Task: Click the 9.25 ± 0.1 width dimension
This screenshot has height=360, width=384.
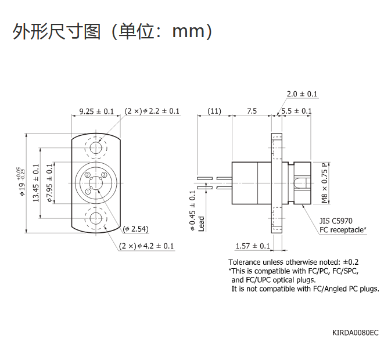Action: pos(96,111)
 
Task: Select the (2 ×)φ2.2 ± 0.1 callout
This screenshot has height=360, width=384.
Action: pos(152,111)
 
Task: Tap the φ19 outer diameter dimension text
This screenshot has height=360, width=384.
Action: pos(21,182)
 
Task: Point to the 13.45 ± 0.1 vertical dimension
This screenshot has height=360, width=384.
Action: pos(36,183)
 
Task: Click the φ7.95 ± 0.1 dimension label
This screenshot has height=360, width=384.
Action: pos(50,183)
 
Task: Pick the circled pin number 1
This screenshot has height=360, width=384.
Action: pos(88,192)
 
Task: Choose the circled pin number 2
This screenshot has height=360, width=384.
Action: pos(88,175)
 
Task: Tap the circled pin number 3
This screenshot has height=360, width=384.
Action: pos(105,175)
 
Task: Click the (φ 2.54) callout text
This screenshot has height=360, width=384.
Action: pos(136,229)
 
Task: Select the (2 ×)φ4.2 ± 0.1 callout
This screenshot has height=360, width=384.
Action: pos(146,246)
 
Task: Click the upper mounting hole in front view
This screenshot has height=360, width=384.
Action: pos(96,148)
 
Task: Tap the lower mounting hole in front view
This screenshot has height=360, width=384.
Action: pos(96,218)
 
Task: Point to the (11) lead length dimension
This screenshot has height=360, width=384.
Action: pos(214,111)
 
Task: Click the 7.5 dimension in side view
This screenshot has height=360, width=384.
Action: pos(252,111)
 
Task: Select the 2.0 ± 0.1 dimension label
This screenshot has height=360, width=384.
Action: pos(302,94)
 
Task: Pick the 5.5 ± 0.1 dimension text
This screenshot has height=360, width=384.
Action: pos(297,111)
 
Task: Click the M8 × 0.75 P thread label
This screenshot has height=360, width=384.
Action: pos(325,183)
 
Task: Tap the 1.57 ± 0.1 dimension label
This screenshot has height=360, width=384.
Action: pos(253,246)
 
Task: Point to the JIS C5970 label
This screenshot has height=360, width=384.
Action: pos(336,221)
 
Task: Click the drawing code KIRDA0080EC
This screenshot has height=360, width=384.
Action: pos(356,333)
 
